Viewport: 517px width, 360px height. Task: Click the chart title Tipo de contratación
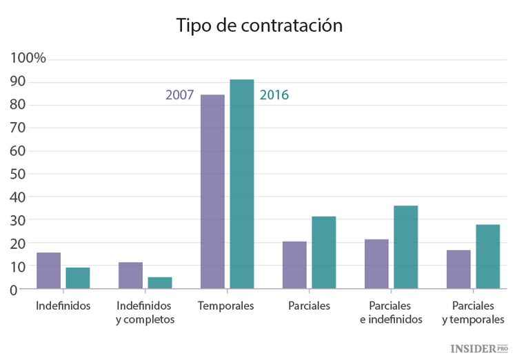pos(258,26)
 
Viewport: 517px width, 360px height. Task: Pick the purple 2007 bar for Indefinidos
pos(48,270)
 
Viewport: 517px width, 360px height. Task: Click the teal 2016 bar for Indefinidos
pos(78,278)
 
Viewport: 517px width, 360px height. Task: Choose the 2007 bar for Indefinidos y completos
pos(130,275)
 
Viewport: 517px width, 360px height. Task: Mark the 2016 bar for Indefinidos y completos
pos(159,283)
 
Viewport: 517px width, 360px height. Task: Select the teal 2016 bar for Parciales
pos(323,252)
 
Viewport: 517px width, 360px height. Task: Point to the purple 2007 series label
pos(179,95)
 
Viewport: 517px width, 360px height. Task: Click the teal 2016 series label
pos(274,95)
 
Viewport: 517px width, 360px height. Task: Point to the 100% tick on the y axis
pos(28,58)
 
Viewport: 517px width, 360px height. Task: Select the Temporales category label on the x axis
pos(225,306)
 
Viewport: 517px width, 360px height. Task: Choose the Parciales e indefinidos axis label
pos(390,312)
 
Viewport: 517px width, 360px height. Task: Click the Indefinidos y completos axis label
pos(145,312)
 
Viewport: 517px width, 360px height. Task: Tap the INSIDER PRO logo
pos(478,349)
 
